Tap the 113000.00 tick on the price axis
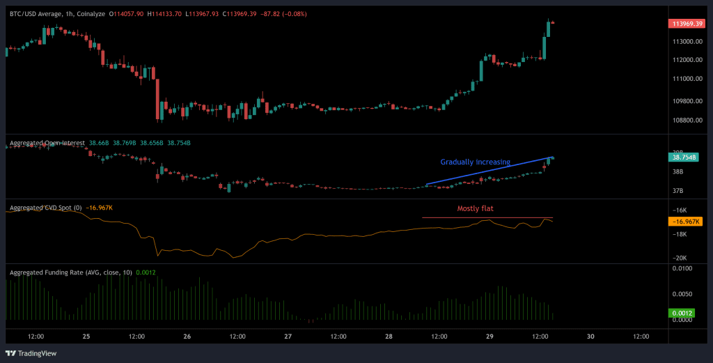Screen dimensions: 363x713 coord(687,42)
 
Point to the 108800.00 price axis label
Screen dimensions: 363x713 coord(687,120)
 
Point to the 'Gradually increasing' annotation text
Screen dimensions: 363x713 coord(475,162)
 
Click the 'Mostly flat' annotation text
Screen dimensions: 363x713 coord(476,208)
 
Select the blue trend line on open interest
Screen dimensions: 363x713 coord(487,171)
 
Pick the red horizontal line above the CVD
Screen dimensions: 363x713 coord(487,218)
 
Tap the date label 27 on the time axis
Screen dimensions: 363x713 coord(288,336)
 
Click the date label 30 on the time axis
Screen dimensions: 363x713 coord(590,336)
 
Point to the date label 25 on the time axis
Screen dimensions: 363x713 coord(86,336)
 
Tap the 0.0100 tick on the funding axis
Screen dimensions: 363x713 coord(683,268)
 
